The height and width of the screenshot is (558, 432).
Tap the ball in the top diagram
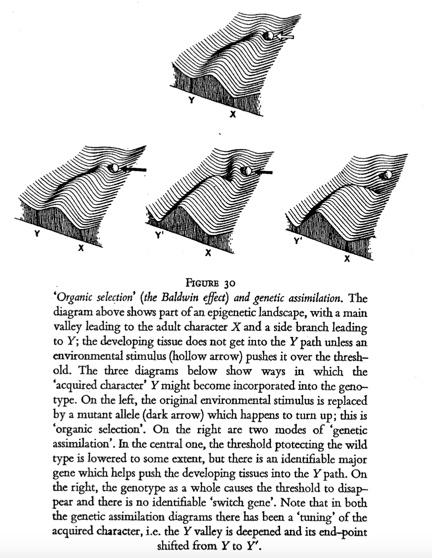click(269, 36)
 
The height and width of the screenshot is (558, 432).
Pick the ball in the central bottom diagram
click(246, 171)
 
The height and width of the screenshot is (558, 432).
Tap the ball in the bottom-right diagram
click(386, 175)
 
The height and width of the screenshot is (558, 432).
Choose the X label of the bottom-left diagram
click(80, 249)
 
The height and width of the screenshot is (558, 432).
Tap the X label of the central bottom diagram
click(207, 253)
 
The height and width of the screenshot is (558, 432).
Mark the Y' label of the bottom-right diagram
click(297, 241)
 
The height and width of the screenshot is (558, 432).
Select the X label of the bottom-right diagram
click(346, 260)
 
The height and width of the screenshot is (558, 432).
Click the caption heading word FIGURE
click(203, 284)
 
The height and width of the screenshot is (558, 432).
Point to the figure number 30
click(229, 284)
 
